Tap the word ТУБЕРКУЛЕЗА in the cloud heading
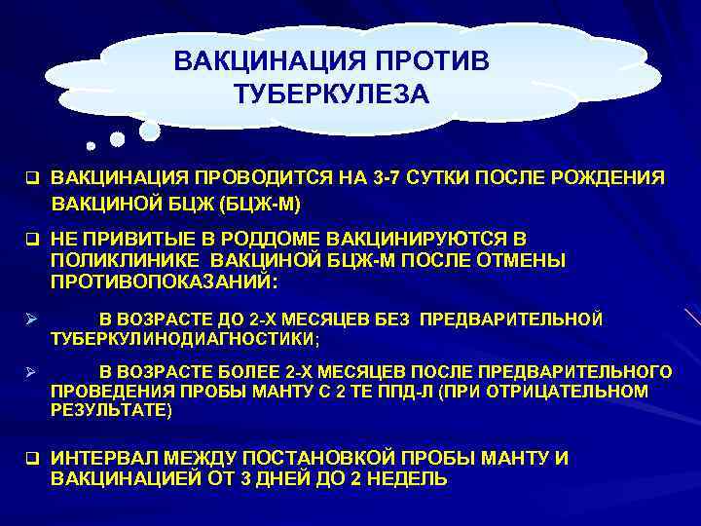[x=331, y=95]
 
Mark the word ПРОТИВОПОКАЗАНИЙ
[x=162, y=282]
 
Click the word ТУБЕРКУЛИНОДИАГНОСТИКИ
[x=183, y=338]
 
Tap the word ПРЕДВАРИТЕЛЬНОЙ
[x=527, y=319]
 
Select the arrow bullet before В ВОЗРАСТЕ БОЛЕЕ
[x=30, y=372]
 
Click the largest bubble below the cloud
[x=149, y=130]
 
